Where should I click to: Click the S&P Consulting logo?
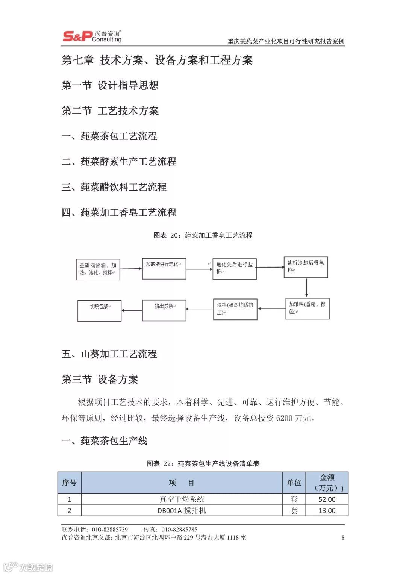(x=92, y=36)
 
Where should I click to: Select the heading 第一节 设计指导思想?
(x=110, y=86)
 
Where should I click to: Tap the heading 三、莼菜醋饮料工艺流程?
(x=114, y=187)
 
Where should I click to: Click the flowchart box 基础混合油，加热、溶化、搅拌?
(x=98, y=269)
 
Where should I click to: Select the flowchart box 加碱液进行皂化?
(x=164, y=268)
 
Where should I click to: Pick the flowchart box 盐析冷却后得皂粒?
(x=306, y=267)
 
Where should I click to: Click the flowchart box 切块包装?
(x=99, y=310)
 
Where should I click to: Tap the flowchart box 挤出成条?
(x=164, y=310)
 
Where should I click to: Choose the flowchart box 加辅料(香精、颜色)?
(x=307, y=309)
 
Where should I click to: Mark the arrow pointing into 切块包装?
(x=132, y=310)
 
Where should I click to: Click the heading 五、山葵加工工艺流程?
(x=109, y=354)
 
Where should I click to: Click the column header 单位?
(x=294, y=483)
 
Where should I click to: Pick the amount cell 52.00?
(x=327, y=499)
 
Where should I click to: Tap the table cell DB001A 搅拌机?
(x=182, y=511)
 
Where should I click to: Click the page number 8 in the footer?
(x=343, y=537)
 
